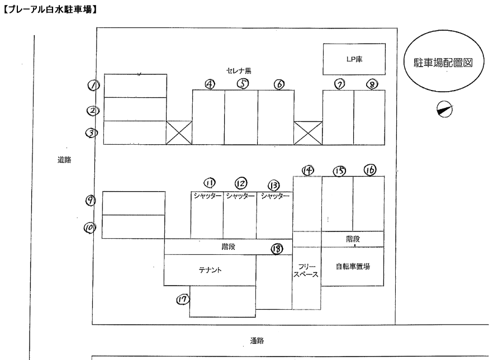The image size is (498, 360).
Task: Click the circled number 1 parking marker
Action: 93,85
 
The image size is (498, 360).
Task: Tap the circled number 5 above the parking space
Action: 243,83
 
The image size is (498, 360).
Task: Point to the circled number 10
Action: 89,228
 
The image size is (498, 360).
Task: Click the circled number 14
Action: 307,169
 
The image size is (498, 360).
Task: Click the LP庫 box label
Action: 354,59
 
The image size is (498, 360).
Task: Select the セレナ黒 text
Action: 239,71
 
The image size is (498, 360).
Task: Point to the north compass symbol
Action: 445,110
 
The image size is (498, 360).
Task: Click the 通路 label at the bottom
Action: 257,340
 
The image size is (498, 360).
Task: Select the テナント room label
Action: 210,270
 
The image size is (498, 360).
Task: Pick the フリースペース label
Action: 307,271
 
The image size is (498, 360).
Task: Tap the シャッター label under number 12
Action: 240,196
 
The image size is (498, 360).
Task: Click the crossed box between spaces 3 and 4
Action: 179,132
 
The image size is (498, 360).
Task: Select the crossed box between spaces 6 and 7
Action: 308,132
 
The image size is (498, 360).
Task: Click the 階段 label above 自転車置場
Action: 353,239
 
